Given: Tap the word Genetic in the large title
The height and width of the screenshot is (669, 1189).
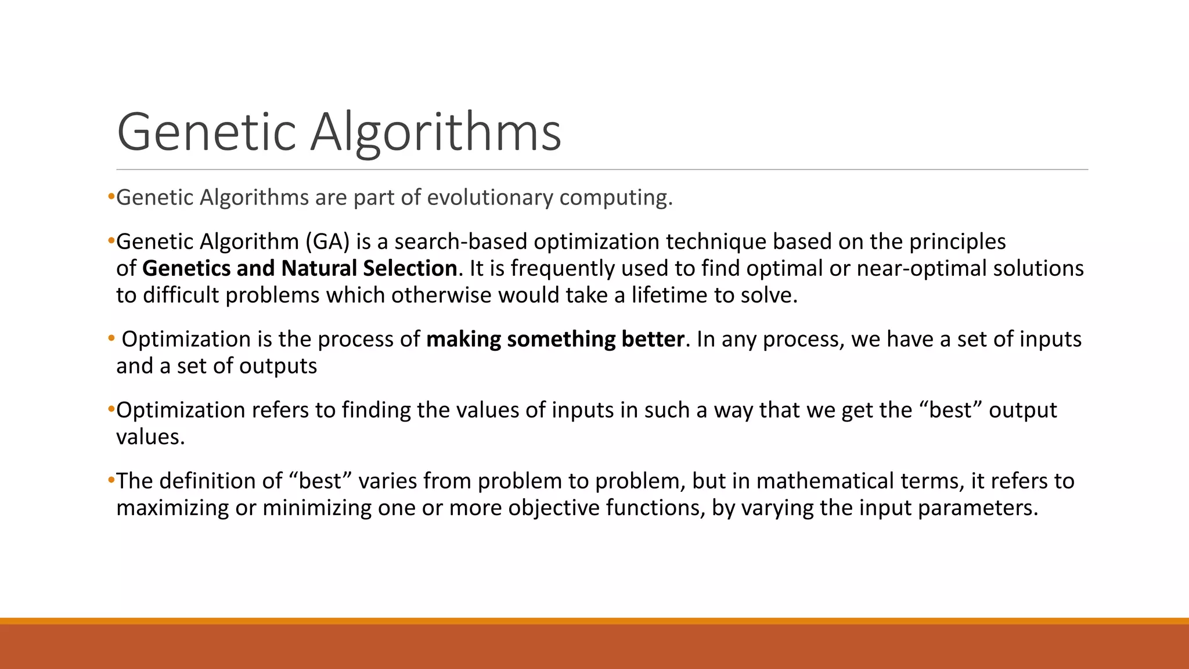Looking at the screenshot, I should (207, 132).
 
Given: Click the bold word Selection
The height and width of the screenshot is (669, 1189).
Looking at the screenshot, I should (410, 268).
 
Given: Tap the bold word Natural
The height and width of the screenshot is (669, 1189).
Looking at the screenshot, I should (319, 268).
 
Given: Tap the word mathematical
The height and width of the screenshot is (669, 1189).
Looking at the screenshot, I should (825, 481).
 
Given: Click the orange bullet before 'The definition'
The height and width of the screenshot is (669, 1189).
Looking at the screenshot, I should (111, 480).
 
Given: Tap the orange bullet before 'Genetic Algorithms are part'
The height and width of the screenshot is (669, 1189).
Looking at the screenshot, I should (111, 197).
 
